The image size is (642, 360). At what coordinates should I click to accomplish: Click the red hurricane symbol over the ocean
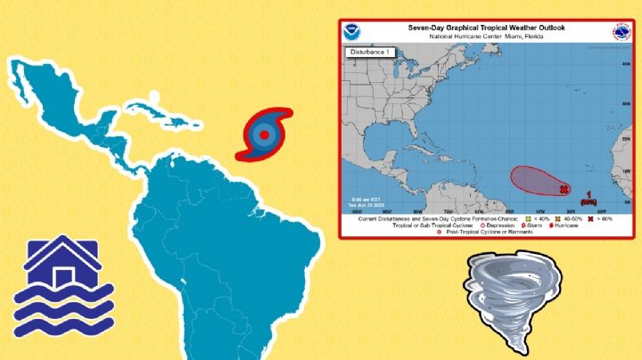click(x=263, y=135)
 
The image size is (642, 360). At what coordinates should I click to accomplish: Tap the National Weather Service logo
click(x=620, y=33)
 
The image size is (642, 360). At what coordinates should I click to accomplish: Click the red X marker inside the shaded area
click(x=564, y=189)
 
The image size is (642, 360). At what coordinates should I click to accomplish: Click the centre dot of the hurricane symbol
click(x=263, y=135)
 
